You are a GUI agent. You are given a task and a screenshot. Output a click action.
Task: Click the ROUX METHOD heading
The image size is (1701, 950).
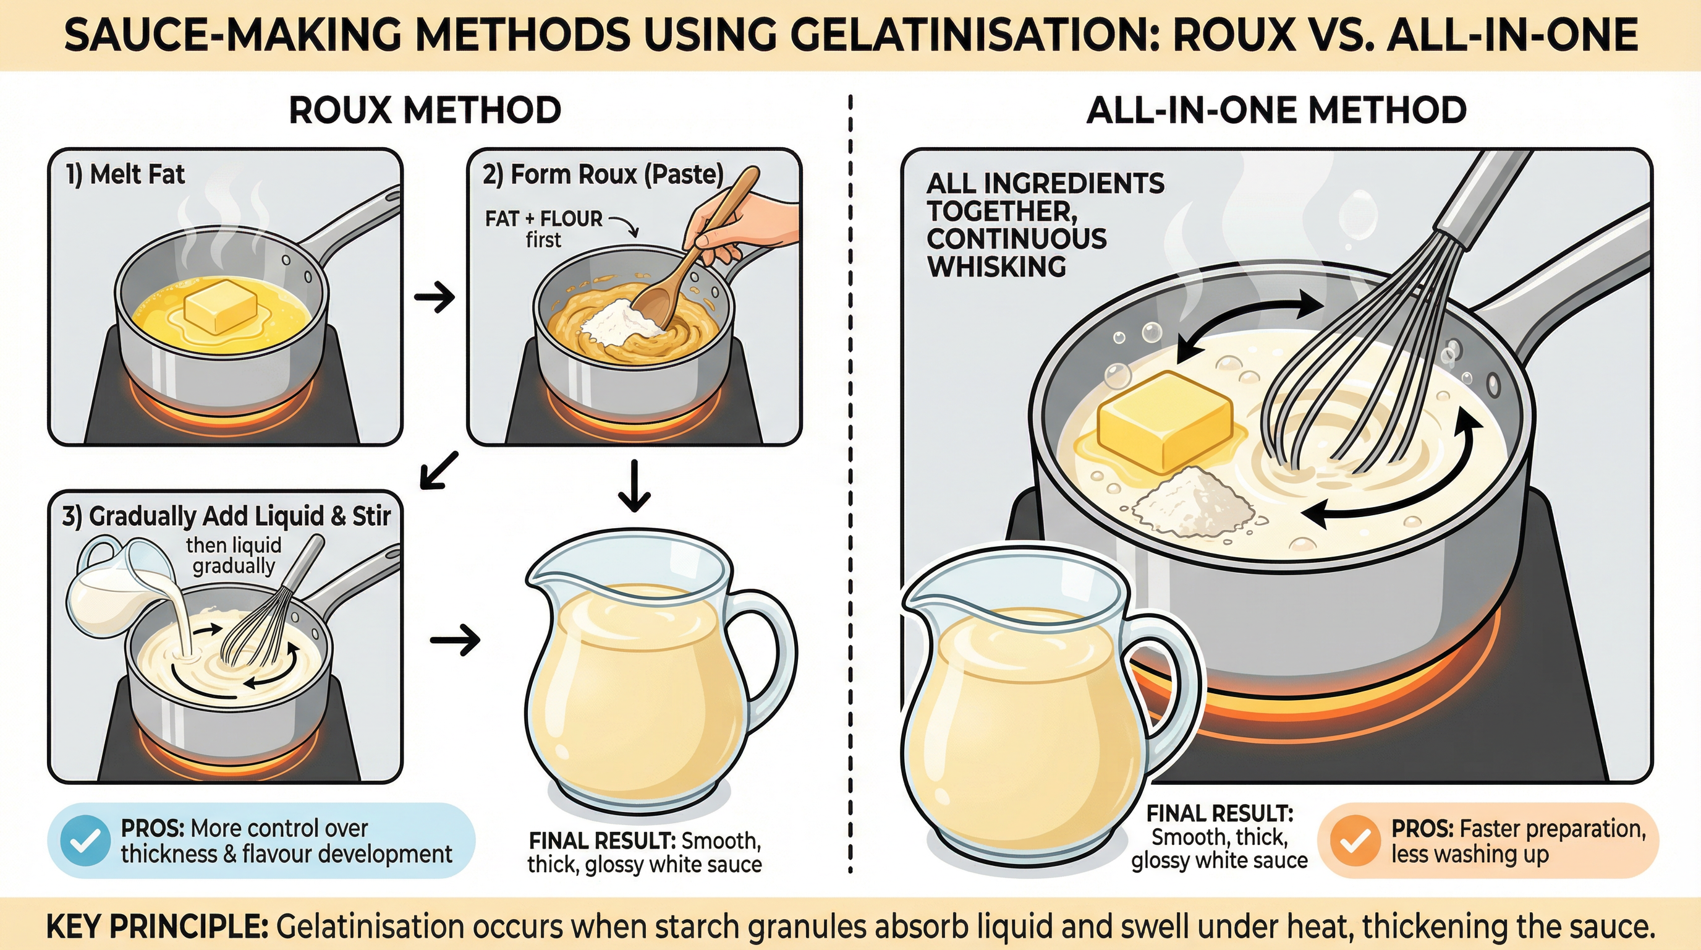(x=425, y=109)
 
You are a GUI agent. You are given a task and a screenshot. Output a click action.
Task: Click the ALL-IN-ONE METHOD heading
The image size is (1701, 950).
(x=1275, y=109)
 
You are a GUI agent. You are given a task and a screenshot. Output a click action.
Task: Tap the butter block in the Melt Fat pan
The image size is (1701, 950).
(x=220, y=305)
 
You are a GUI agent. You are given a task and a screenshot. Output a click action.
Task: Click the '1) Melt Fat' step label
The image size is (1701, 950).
(x=125, y=174)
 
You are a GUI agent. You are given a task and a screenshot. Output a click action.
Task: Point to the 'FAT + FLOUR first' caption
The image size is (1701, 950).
(x=543, y=229)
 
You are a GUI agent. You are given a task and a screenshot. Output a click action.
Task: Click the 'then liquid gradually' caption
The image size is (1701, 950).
(x=233, y=555)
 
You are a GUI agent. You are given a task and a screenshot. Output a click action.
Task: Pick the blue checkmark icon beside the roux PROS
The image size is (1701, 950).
(x=85, y=841)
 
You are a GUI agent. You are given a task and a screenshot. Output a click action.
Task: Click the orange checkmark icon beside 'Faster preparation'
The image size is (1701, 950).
(x=1354, y=841)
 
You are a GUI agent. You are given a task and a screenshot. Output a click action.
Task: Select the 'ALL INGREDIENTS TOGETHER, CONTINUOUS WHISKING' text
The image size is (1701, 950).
(x=1043, y=225)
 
